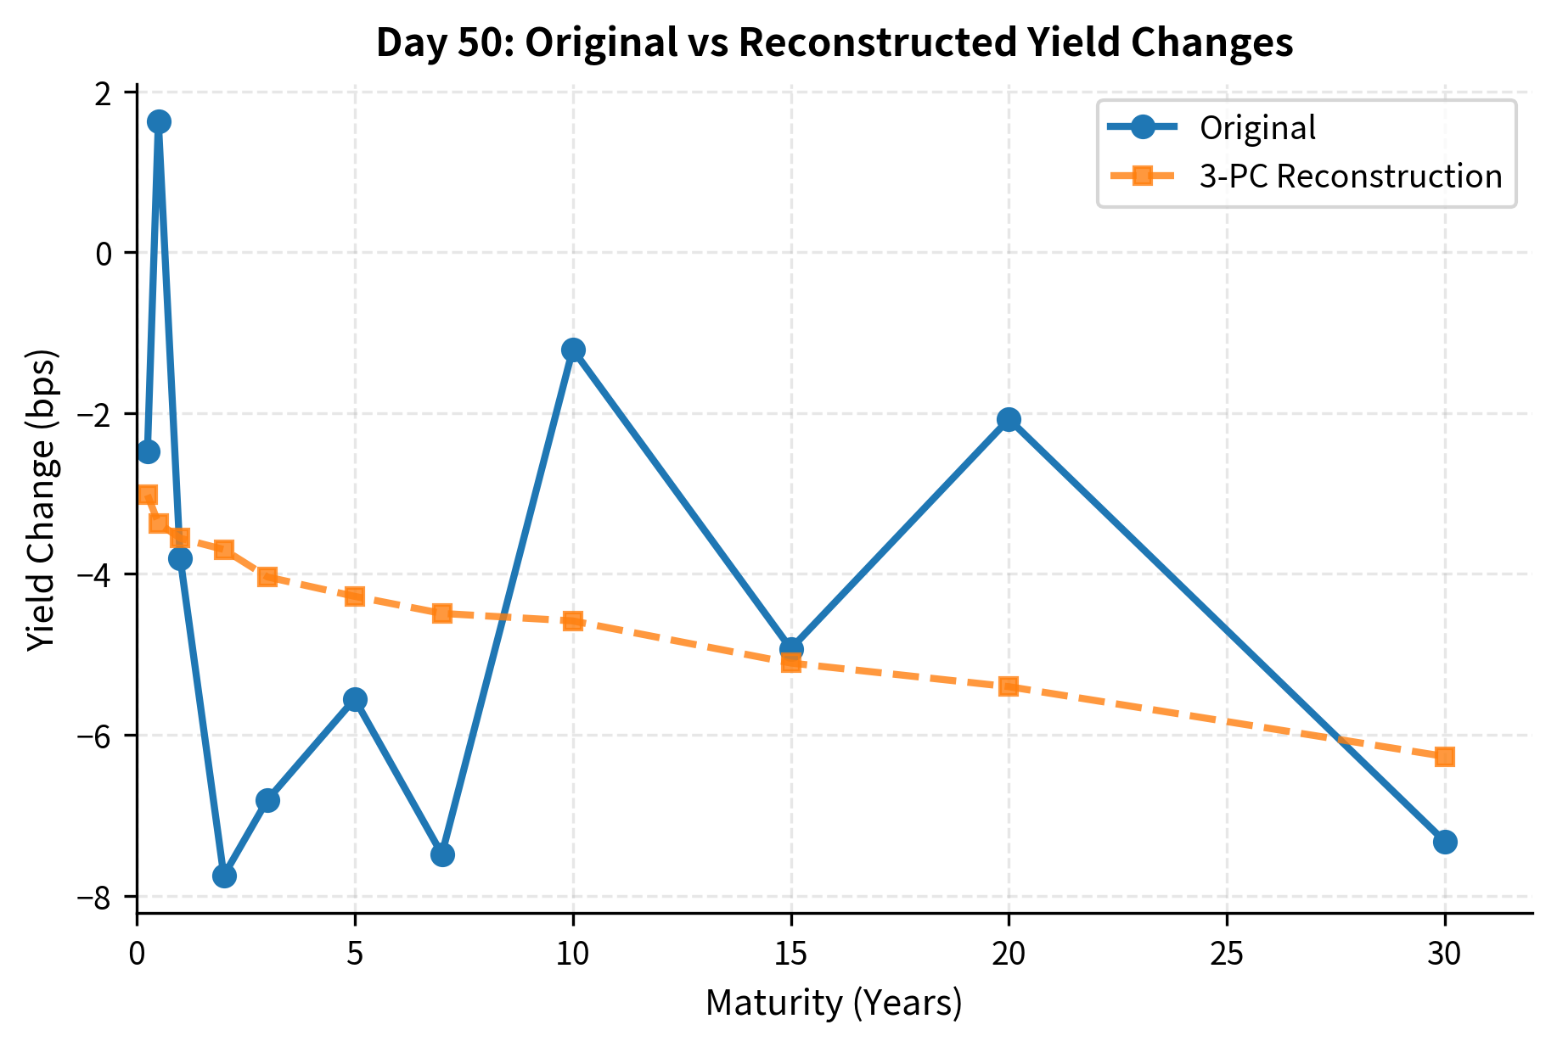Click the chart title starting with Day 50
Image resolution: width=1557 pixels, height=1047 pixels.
click(834, 42)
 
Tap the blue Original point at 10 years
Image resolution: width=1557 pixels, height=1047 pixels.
click(573, 350)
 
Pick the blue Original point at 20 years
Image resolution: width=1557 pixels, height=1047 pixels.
click(1009, 419)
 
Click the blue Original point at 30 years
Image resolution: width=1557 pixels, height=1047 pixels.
click(1445, 842)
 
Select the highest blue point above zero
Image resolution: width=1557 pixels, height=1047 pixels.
click(159, 121)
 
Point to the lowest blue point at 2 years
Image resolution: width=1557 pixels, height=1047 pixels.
click(224, 876)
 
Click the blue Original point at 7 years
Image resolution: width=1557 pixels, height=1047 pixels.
click(442, 854)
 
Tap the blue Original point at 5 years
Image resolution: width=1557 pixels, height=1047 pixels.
click(355, 699)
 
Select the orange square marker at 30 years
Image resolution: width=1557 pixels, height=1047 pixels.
click(1445, 756)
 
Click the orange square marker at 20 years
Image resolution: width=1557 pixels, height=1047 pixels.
click(1009, 686)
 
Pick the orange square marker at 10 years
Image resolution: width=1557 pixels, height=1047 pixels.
click(573, 621)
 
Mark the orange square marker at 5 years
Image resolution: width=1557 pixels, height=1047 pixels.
click(355, 596)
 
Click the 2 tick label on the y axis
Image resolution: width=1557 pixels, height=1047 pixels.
click(104, 92)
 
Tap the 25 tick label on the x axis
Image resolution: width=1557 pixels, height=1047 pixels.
click(1227, 955)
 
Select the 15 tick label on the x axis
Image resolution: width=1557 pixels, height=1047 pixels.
click(790, 955)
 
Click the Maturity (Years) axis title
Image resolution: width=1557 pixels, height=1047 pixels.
click(834, 1004)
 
